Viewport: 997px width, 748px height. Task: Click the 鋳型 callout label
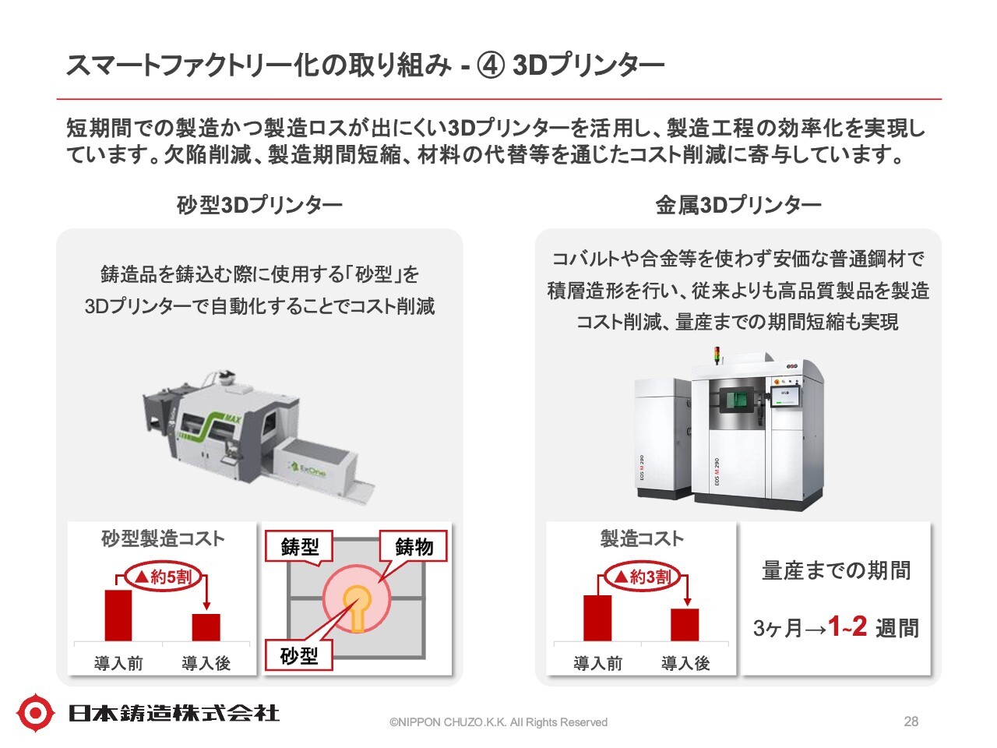click(x=299, y=547)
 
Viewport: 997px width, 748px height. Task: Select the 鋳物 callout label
click(x=414, y=547)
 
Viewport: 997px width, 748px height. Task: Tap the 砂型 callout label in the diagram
click(x=299, y=656)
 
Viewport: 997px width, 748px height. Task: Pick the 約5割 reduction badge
click(x=163, y=577)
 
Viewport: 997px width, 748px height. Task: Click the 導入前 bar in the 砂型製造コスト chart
click(x=118, y=616)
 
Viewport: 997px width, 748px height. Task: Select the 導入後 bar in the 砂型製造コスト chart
click(x=206, y=627)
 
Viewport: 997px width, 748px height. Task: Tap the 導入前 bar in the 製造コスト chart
click(x=597, y=618)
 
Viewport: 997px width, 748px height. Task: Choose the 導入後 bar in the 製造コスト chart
click(x=685, y=625)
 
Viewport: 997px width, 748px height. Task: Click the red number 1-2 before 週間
click(x=847, y=626)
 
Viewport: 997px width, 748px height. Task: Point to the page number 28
click(x=911, y=722)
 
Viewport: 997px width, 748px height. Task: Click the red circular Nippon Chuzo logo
click(x=35, y=712)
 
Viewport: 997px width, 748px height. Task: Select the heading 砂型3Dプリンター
click(x=259, y=205)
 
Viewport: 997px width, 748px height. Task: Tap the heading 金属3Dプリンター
click(x=738, y=205)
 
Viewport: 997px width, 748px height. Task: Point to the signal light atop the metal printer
click(x=717, y=357)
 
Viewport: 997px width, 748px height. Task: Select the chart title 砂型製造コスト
click(x=163, y=538)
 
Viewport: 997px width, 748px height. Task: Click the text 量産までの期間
click(x=836, y=570)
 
